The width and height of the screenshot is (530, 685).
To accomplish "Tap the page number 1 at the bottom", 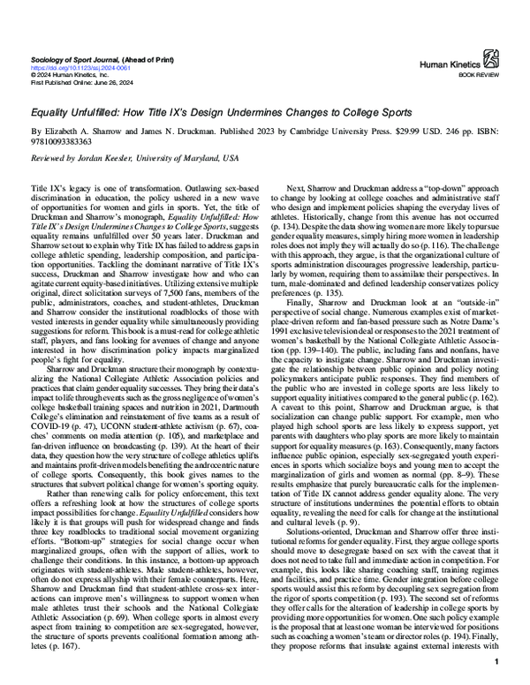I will point(499,662).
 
